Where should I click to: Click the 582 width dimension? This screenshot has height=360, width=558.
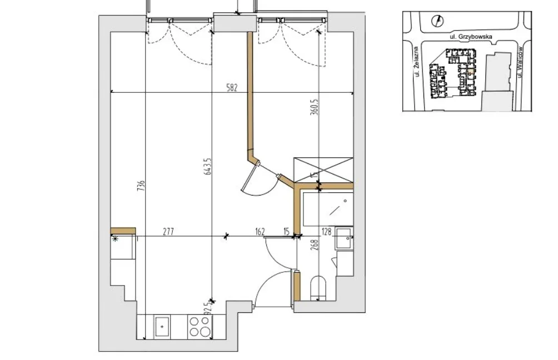pos(232,88)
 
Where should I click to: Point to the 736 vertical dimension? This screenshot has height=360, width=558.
pos(141,186)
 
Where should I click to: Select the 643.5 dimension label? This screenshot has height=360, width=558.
pos(208,166)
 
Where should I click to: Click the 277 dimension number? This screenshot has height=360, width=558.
pos(168,232)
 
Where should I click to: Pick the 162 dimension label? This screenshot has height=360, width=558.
pos(260,232)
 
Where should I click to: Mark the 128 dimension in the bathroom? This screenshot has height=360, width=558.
pos(326,232)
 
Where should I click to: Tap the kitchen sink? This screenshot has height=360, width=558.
pos(162,327)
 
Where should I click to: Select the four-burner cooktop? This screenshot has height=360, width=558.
pos(200,327)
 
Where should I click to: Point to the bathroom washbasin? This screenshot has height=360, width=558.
pos(344,239)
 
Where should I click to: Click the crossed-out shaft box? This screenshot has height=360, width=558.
pos(323,170)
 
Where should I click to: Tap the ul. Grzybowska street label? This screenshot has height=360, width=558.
pos(471,36)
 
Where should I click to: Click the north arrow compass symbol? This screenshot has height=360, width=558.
pos(437,21)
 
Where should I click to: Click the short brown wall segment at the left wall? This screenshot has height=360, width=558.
pos(123,231)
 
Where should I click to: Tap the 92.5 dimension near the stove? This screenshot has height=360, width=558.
pos(209,306)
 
